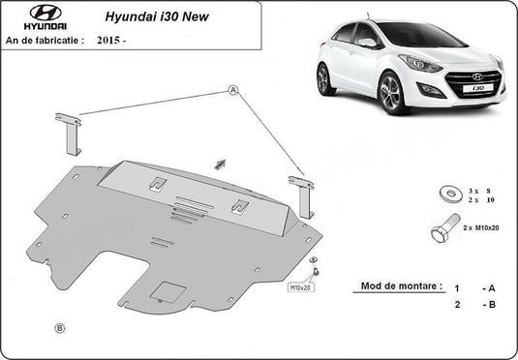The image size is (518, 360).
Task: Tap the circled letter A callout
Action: click(233, 89)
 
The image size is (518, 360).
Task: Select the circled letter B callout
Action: click(60, 329)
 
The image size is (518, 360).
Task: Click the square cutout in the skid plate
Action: click(170, 292)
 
